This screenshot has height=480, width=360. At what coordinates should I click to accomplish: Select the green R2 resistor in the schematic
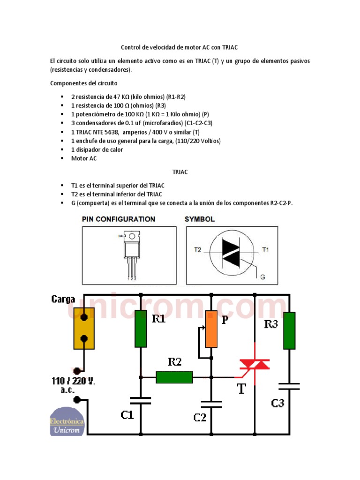[174, 377]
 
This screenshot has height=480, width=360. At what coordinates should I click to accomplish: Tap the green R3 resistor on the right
[289, 331]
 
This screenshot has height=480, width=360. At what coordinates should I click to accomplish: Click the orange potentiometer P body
[211, 329]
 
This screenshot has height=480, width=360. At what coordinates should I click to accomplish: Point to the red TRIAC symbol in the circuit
[255, 364]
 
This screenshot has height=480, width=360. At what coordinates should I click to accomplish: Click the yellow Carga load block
[84, 328]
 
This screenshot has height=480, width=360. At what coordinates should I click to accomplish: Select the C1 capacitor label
[127, 415]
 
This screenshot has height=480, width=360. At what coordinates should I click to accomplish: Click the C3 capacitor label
[277, 403]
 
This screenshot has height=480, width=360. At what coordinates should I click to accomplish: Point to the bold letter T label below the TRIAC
[242, 388]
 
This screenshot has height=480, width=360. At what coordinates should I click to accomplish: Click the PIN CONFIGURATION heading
[119, 219]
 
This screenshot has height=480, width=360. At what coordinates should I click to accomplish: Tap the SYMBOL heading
[200, 219]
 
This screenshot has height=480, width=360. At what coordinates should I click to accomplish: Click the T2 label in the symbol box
[197, 250]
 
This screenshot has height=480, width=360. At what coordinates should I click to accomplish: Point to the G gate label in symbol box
[262, 277]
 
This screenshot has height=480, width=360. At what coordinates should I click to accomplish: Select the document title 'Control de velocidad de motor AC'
[183, 47]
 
